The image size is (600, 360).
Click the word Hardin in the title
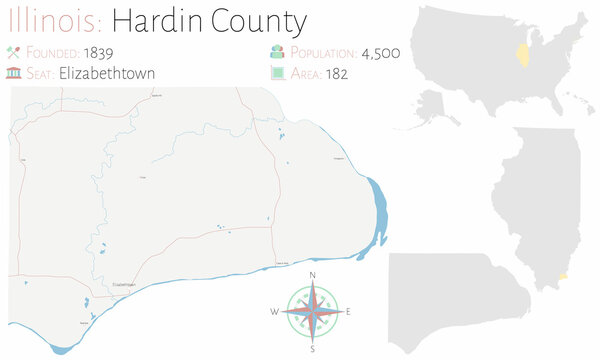click(x=154, y=19)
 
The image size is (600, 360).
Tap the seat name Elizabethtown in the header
click(x=106, y=73)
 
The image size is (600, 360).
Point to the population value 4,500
click(x=380, y=52)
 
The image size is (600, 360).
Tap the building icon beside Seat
click(x=13, y=73)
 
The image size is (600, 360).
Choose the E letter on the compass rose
click(x=348, y=312)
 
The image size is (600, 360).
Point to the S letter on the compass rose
click(x=313, y=349)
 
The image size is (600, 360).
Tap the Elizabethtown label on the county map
click(x=124, y=284)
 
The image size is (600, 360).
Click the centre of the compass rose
click(x=313, y=311)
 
